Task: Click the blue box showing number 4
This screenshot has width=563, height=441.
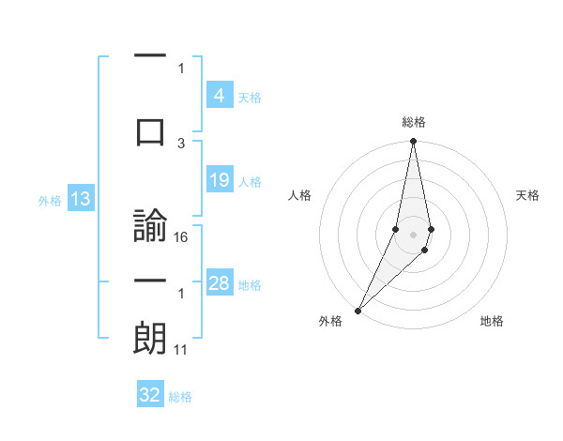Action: click(x=219, y=96)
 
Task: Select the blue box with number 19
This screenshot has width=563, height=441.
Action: click(x=219, y=180)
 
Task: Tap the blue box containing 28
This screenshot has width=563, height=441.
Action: click(x=219, y=283)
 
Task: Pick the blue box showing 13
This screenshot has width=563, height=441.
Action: click(x=80, y=199)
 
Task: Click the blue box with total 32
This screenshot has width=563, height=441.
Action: click(x=150, y=395)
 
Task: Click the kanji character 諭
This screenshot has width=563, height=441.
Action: click(x=150, y=226)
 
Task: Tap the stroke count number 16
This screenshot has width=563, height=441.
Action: click(x=182, y=237)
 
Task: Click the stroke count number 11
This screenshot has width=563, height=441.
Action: click(x=182, y=350)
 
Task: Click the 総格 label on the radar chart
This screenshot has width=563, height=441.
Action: click(x=414, y=122)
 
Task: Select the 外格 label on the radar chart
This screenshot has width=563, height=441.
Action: click(x=330, y=321)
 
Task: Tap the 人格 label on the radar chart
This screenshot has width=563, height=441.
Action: click(x=300, y=195)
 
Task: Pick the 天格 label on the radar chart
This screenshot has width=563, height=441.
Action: click(x=528, y=195)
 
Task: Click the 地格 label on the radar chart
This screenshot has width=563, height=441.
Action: click(x=492, y=321)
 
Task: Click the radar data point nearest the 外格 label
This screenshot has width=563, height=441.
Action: click(x=358, y=310)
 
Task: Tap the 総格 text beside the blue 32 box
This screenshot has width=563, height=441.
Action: click(x=181, y=397)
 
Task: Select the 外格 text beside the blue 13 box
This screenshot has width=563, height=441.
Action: click(x=50, y=200)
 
